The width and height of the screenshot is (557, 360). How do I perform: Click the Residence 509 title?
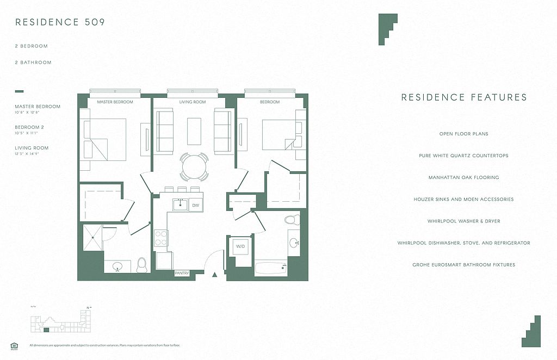(60, 22)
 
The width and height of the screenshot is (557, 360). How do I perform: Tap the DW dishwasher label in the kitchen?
(195, 205)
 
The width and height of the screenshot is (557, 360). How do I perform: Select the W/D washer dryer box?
(240, 246)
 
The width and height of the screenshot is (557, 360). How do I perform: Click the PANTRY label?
(182, 274)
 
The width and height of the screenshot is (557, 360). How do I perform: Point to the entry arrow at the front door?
(215, 275)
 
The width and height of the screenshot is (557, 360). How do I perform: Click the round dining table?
(194, 166)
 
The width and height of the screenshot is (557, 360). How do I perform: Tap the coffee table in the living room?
(194, 131)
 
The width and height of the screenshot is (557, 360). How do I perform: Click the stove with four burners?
(162, 238)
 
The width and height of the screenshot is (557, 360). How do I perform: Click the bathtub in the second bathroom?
(270, 267)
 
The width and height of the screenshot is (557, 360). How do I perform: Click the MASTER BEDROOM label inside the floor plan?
(115, 102)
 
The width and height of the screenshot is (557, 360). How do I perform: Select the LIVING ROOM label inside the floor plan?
(193, 102)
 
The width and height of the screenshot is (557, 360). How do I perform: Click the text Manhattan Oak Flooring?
(463, 178)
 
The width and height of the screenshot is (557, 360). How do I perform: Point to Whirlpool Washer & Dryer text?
(463, 221)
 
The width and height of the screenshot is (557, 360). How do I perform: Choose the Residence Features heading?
(464, 98)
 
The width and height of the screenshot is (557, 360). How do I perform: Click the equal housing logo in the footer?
(14, 345)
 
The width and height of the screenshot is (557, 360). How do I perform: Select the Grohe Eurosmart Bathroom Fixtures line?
(463, 265)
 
